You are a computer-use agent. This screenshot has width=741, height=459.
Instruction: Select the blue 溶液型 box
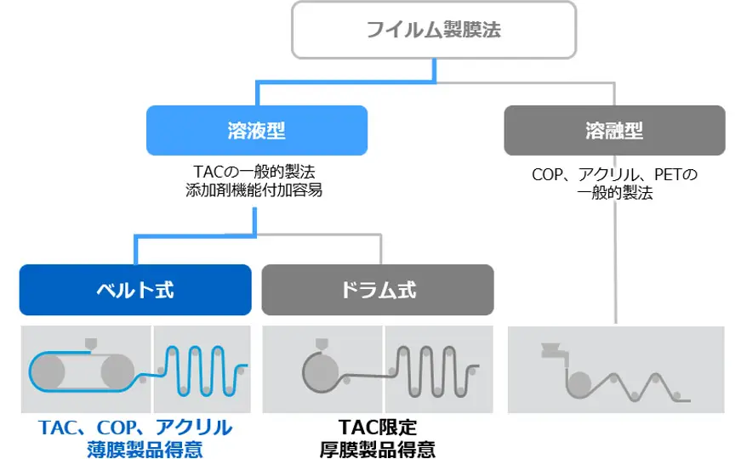256,130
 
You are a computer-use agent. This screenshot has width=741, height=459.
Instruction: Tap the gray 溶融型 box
613,130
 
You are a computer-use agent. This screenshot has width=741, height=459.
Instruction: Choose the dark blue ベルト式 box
135,289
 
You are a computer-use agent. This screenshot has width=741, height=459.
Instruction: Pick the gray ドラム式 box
378,289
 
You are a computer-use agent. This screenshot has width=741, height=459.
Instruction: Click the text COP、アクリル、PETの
613,174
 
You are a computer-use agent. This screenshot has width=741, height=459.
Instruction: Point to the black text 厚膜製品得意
377,448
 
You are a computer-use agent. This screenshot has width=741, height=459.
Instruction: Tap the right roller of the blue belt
117,371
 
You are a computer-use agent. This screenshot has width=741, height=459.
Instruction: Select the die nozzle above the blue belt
90,345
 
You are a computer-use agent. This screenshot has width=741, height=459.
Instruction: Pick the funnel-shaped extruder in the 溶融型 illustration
555,348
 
